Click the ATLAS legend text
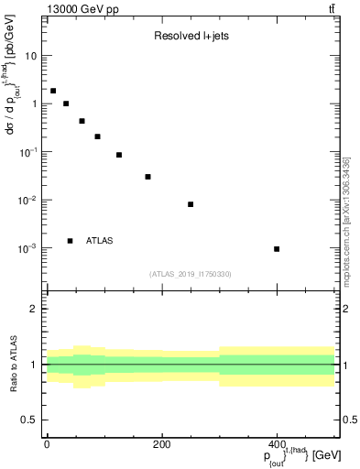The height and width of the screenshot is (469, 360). coord(99,241)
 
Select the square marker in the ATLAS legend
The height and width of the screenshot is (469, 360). coord(70,241)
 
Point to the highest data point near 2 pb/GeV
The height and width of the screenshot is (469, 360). coord(53,91)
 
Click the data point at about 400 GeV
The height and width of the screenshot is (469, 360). coord(277,249)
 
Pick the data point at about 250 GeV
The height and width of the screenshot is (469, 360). coord(191,204)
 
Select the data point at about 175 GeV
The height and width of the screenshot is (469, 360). coord(147,177)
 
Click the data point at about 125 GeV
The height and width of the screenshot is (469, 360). coord(119,155)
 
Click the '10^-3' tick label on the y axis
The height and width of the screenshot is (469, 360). coord(27,248)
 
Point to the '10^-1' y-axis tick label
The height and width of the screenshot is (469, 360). coord(27,152)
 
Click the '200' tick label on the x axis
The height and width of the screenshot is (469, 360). coord(161,443)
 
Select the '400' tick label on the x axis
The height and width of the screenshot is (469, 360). coord(277,443)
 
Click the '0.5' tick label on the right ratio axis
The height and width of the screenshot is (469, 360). coord(349,420)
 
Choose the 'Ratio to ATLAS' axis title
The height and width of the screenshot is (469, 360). coord(13,365)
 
